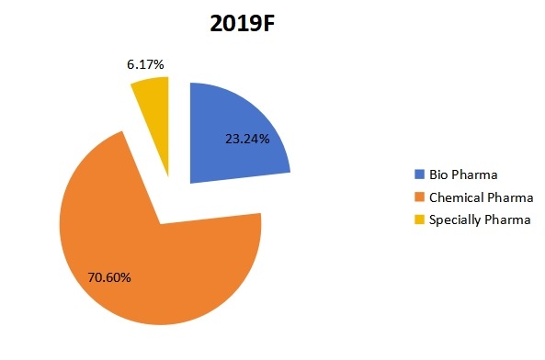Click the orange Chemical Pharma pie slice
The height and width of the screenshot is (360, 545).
coord(156,266)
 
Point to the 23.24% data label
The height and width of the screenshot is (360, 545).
coord(245,141)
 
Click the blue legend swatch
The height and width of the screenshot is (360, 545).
coord(420,174)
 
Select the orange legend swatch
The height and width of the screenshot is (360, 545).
coord(420,197)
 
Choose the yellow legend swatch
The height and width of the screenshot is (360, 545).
coord(420,219)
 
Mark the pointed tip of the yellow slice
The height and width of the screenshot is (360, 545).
coord(169,175)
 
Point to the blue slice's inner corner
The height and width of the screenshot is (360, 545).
coord(190,182)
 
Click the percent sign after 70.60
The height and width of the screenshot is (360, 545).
coord(135,276)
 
